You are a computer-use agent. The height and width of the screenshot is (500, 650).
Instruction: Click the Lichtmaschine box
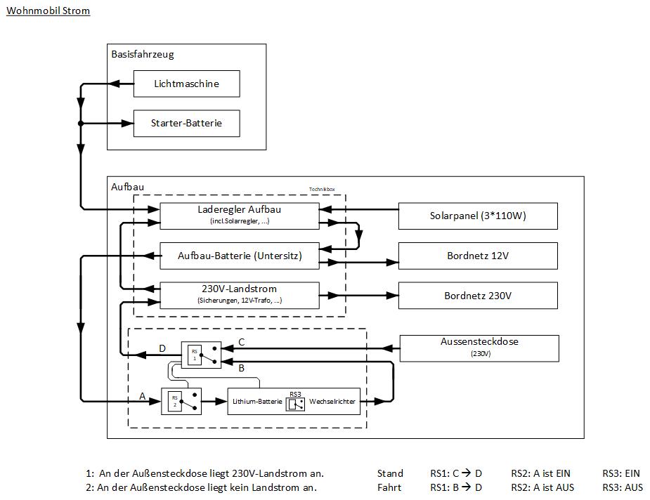tap(186, 84)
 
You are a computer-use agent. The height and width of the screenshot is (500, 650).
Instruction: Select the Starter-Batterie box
tap(186, 123)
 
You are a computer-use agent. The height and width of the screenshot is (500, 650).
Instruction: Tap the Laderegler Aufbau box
tap(240, 216)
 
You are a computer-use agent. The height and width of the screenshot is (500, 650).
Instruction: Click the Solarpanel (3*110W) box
tap(478, 216)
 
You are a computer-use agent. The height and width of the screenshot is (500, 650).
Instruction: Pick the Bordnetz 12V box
tap(478, 256)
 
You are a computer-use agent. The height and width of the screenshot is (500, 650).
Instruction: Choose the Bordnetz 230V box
tap(478, 296)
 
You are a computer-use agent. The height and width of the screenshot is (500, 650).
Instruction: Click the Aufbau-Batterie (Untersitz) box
tap(240, 256)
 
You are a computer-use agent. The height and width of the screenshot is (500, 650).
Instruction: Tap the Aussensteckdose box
tap(479, 348)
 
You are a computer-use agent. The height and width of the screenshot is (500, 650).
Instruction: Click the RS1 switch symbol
tap(201, 355)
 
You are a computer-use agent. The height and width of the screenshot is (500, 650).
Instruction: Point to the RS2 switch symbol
tap(181, 401)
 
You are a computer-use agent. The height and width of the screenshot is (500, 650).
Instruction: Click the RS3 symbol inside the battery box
tap(296, 402)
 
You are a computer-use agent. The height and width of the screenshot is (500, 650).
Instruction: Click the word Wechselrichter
tap(332, 402)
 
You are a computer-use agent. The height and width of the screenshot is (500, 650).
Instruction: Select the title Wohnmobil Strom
tap(48, 11)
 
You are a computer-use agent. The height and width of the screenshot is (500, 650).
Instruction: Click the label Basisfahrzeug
tap(143, 54)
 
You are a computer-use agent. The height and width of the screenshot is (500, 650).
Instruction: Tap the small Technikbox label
tap(322, 189)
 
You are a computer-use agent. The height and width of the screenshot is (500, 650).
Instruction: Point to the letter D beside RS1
tap(162, 348)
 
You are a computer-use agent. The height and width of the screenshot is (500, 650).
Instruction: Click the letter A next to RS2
tap(143, 396)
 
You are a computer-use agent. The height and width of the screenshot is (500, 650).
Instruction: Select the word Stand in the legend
tap(390, 473)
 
